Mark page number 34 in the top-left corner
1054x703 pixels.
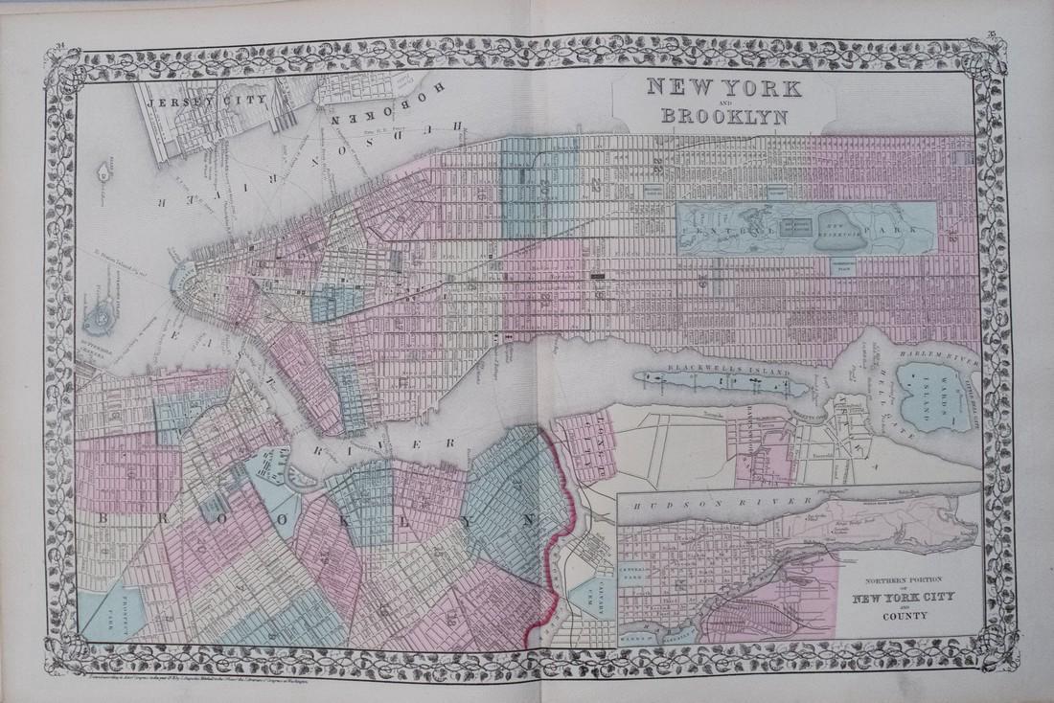[60, 36]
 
